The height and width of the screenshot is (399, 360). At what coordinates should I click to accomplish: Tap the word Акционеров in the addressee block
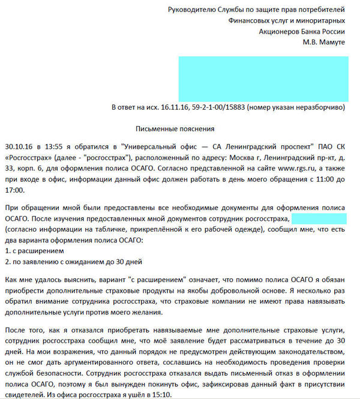(279, 31)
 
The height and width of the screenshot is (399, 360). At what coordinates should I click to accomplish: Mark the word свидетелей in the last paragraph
(22, 394)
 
